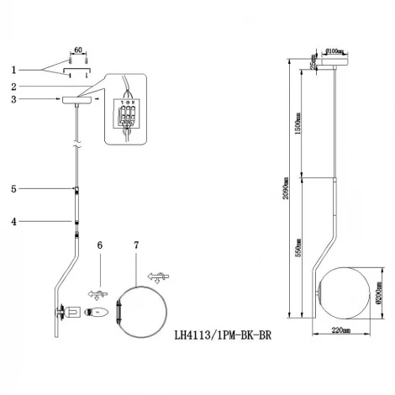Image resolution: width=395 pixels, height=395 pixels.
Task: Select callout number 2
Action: point(12,87)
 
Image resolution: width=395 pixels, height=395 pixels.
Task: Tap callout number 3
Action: point(12,99)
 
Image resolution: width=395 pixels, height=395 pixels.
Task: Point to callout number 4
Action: point(13,222)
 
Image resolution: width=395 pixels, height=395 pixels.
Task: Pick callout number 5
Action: point(13,190)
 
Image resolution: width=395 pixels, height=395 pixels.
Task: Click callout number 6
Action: point(99,245)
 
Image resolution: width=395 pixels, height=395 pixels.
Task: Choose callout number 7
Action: point(136,245)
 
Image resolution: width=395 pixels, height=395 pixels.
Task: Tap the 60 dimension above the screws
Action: point(76,51)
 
